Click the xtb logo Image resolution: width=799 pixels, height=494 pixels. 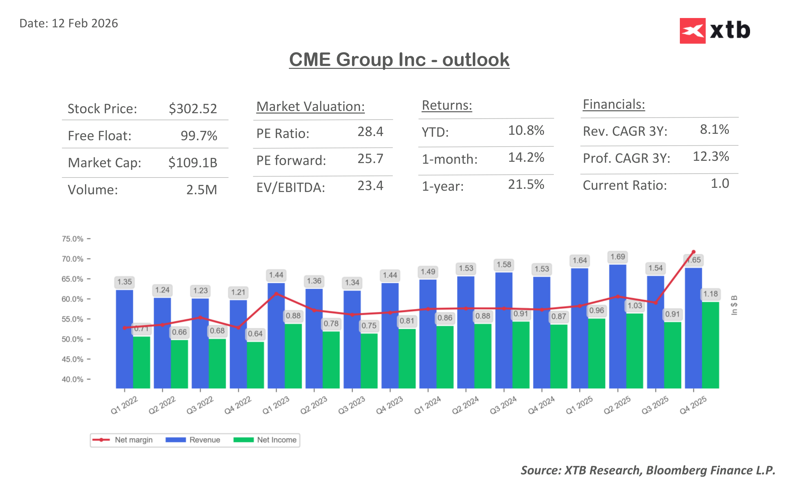coord(714,31)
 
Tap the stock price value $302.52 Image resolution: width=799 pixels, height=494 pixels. coord(193,109)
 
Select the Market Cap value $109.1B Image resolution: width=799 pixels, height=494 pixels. coord(193,163)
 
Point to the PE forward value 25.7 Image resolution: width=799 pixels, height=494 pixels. coord(370,159)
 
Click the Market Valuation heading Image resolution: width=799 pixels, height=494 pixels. coord(310,107)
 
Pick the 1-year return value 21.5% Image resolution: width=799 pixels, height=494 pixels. coord(526,185)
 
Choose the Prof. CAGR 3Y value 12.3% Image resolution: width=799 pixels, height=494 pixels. coord(710,157)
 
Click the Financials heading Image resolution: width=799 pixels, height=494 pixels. coord(613,105)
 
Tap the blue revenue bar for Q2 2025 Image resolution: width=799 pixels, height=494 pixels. coord(617,327)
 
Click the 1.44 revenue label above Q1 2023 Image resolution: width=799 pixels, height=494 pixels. coord(276,275)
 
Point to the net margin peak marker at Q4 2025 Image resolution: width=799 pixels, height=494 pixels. coord(693,252)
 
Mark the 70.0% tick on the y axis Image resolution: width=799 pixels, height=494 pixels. coord(72,259)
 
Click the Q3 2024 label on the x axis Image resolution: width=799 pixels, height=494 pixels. coord(503,405)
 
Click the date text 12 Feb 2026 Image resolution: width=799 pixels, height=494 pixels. coord(84,23)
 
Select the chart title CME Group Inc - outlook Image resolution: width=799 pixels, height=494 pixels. coord(399,60)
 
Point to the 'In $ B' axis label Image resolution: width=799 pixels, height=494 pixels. coord(734,305)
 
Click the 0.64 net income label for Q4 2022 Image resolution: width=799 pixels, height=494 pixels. coord(255,334)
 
